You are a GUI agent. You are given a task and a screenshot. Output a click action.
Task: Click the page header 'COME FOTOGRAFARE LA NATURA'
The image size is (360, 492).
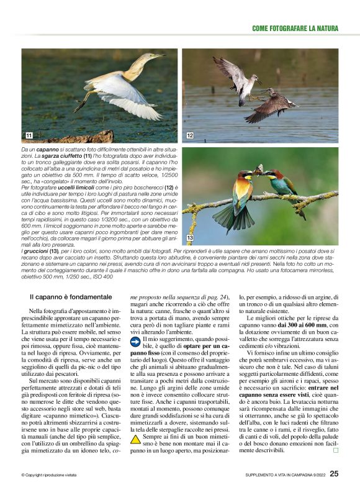point(295,29)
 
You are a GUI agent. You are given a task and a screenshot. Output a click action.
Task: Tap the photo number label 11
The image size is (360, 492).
point(29,135)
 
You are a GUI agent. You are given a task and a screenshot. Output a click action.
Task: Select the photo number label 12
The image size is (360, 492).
point(190,135)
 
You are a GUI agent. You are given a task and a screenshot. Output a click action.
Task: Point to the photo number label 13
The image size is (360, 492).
point(190,238)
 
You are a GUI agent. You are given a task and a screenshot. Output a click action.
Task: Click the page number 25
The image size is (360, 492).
point(334,474)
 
